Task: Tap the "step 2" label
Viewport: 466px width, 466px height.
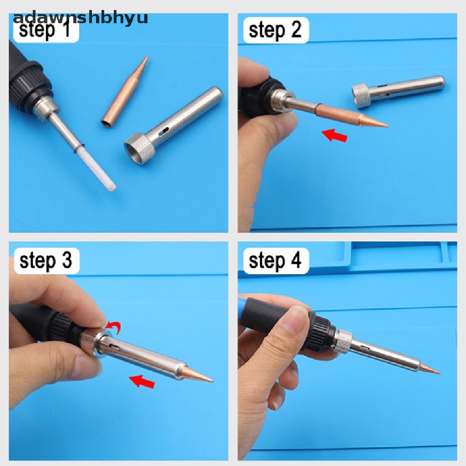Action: pos(275,30)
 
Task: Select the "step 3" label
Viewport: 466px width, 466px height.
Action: pos(46,261)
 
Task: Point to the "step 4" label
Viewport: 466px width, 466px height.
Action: pos(275,261)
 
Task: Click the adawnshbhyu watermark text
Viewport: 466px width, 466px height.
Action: pos(81,17)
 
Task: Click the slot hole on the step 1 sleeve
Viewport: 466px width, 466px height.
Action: pos(163,132)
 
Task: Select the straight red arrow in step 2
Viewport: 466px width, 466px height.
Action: pos(334,135)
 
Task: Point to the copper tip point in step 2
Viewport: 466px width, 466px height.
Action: pos(388,126)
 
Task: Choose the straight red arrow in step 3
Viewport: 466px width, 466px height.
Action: pos(142,381)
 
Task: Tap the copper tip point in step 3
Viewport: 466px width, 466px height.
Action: pos(212,380)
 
